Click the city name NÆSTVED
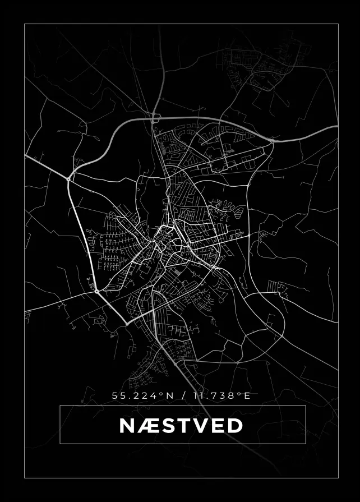pyautogui.click(x=181, y=425)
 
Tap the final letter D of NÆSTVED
pyautogui.click(x=235, y=425)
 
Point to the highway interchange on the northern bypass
pyautogui.click(x=155, y=118)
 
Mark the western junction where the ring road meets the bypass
pyautogui.click(x=68, y=178)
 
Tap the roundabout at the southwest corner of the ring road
pyautogui.click(x=96, y=291)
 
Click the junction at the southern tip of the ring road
pyautogui.click(x=127, y=324)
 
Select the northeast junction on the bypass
pyautogui.click(x=272, y=141)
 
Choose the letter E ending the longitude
pyautogui.click(x=247, y=395)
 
